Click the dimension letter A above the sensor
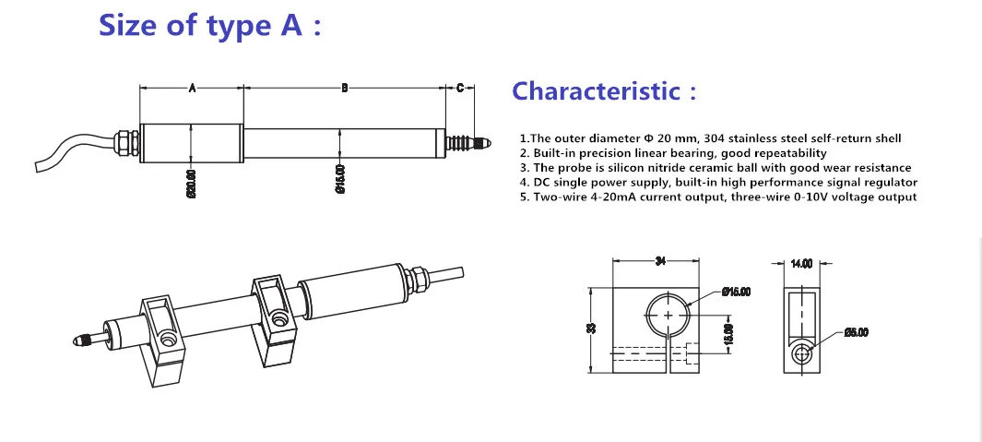pos(192,89)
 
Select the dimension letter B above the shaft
pos(344,89)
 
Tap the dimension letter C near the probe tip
pos(460,89)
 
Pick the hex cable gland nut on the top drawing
pos(122,143)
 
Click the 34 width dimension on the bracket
pos(660,262)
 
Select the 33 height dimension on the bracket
pos(591,328)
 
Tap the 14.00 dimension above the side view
pos(801,263)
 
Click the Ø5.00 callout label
pos(856,333)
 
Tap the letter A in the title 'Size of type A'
pos(289,26)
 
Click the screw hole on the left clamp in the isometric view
pos(168,340)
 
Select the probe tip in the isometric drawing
pos(79,341)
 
